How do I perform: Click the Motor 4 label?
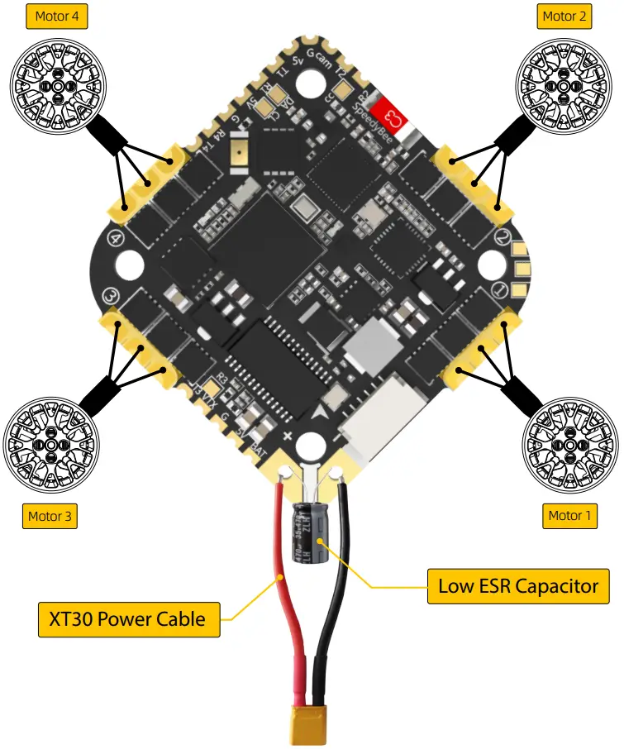click(57, 16)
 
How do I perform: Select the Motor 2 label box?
click(565, 16)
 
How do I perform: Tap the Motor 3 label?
click(50, 517)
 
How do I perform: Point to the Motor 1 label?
click(570, 516)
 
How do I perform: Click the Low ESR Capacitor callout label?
click(518, 586)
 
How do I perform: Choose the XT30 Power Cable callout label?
click(129, 618)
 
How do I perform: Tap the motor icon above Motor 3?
click(51, 445)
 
